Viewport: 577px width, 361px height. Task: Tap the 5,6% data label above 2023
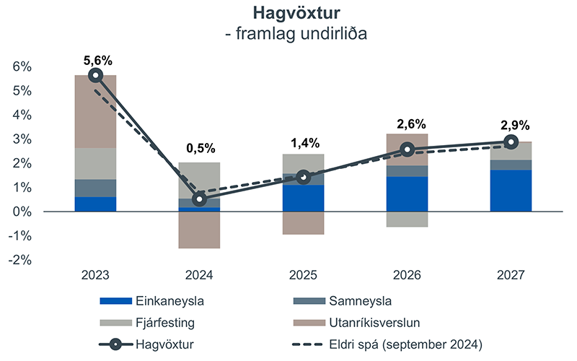tap(95, 60)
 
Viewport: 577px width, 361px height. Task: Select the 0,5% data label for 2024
tap(199, 148)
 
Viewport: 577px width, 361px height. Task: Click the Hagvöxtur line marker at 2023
tap(95, 75)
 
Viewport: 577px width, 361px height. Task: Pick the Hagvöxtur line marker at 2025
tap(303, 178)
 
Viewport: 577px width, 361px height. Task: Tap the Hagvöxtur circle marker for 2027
tap(511, 142)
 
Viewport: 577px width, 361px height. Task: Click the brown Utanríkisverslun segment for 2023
tap(95, 111)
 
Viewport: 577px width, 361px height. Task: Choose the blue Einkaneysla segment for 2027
tap(511, 191)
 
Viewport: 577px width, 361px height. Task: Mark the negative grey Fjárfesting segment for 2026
tap(407, 219)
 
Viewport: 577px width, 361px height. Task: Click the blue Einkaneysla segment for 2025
tap(303, 198)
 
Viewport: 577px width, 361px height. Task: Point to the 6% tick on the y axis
tap(22, 66)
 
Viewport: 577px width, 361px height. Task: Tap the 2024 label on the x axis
tap(199, 276)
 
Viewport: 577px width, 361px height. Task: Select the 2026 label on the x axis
tap(407, 276)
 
